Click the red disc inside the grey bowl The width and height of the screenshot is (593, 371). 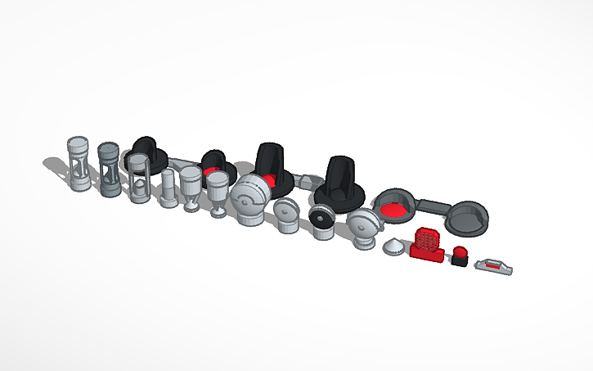click(x=396, y=210)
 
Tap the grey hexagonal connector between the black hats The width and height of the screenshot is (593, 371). click(x=304, y=180)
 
